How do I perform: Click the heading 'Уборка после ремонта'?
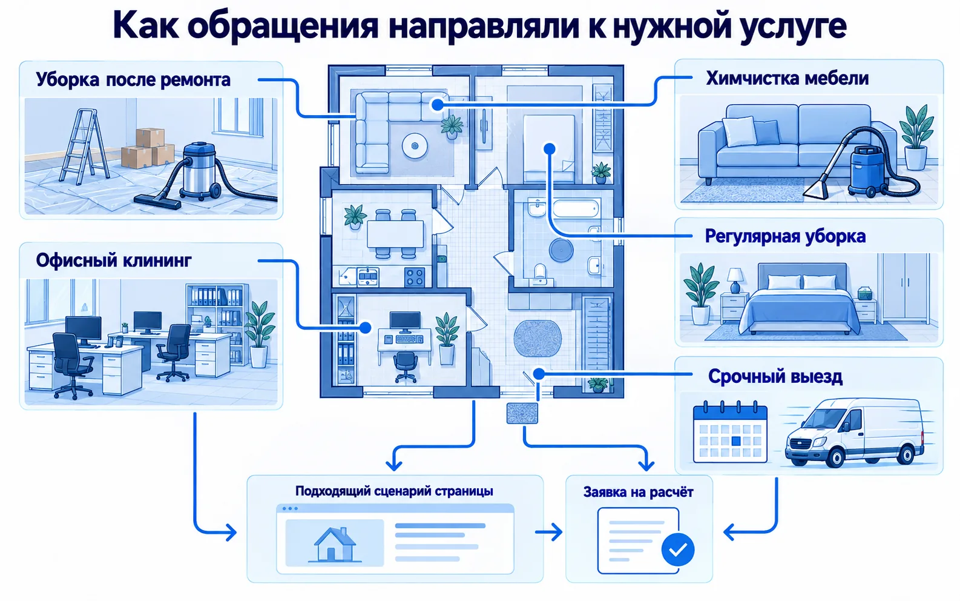pos(133,80)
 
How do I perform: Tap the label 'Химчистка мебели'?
pos(787,79)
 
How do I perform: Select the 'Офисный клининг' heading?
pos(114,261)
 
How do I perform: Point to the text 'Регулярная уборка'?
pos(785,236)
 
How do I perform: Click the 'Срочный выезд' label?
pos(775,376)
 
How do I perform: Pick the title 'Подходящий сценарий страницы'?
pos(394,491)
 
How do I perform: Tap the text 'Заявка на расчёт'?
pos(638,492)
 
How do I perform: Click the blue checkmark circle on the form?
pos(677,550)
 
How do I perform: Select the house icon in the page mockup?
pos(334,545)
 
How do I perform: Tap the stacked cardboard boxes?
pos(148,148)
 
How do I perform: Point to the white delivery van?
pos(853,433)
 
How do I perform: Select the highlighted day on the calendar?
pos(736,441)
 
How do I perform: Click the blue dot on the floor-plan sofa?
pos(437,105)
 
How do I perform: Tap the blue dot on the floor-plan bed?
pos(550,149)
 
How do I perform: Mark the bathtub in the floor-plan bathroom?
pos(576,209)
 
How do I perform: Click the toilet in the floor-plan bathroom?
pos(540,272)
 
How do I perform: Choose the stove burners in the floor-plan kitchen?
pos(415,277)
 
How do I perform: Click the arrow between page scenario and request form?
pos(548,533)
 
